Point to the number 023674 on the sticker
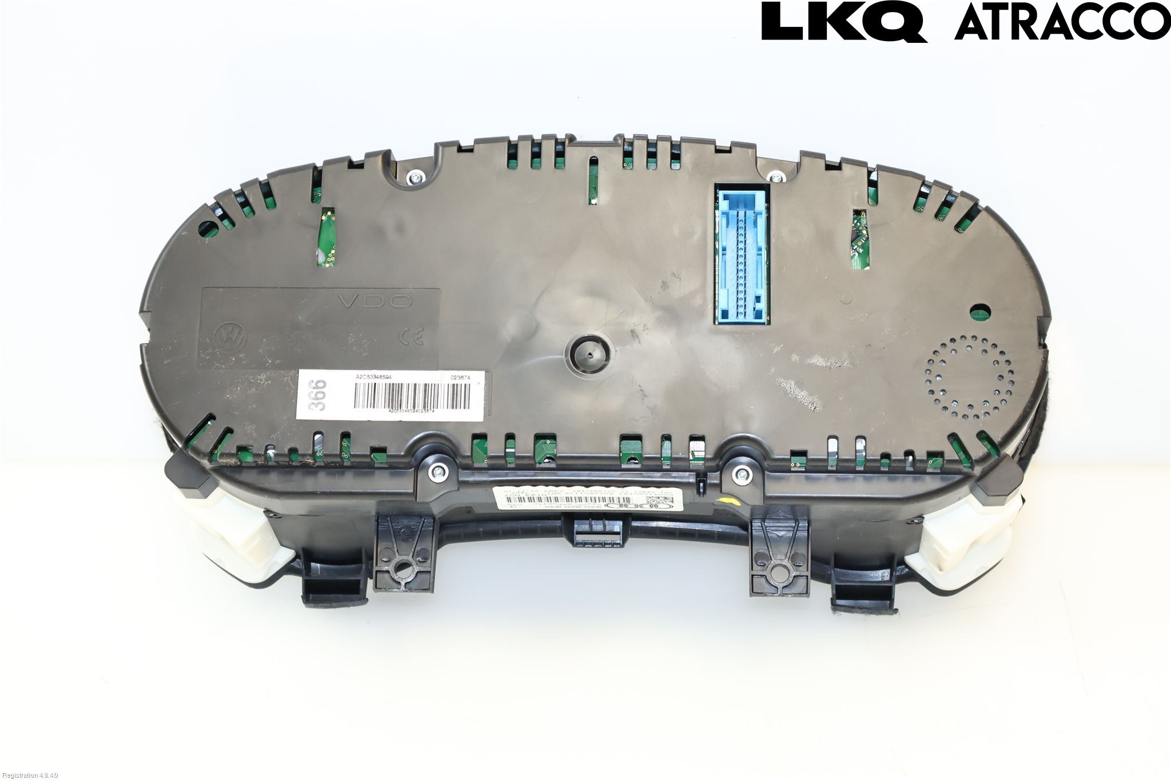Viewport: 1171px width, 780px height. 461,377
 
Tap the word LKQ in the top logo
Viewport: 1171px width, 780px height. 843,21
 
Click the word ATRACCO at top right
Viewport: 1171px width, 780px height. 1061,22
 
